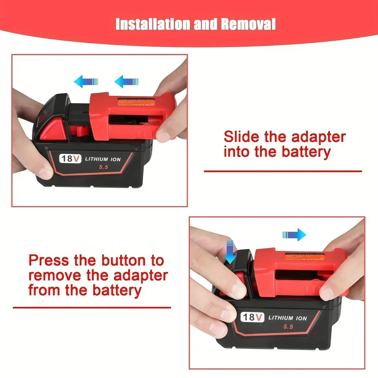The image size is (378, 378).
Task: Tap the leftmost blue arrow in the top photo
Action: coord(86,81)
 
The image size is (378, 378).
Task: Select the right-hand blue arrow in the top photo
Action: coord(126,81)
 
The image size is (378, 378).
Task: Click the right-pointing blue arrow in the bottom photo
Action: coord(294,235)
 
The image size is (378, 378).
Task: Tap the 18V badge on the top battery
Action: coord(70,159)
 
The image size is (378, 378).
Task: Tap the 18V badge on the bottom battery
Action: coord(252,317)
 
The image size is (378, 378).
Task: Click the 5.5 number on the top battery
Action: coord(103,167)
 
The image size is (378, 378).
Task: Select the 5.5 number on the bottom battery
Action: coord(288,327)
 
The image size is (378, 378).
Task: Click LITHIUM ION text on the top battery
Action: coord(103,159)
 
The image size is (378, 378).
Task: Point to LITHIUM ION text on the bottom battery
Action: coord(288,318)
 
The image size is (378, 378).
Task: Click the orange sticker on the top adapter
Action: coord(136,102)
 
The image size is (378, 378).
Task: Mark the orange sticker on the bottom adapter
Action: coord(305,257)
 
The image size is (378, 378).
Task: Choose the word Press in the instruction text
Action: coord(48,260)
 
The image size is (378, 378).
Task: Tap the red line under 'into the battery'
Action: coord(283,171)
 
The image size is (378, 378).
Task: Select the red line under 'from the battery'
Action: coord(92,307)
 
